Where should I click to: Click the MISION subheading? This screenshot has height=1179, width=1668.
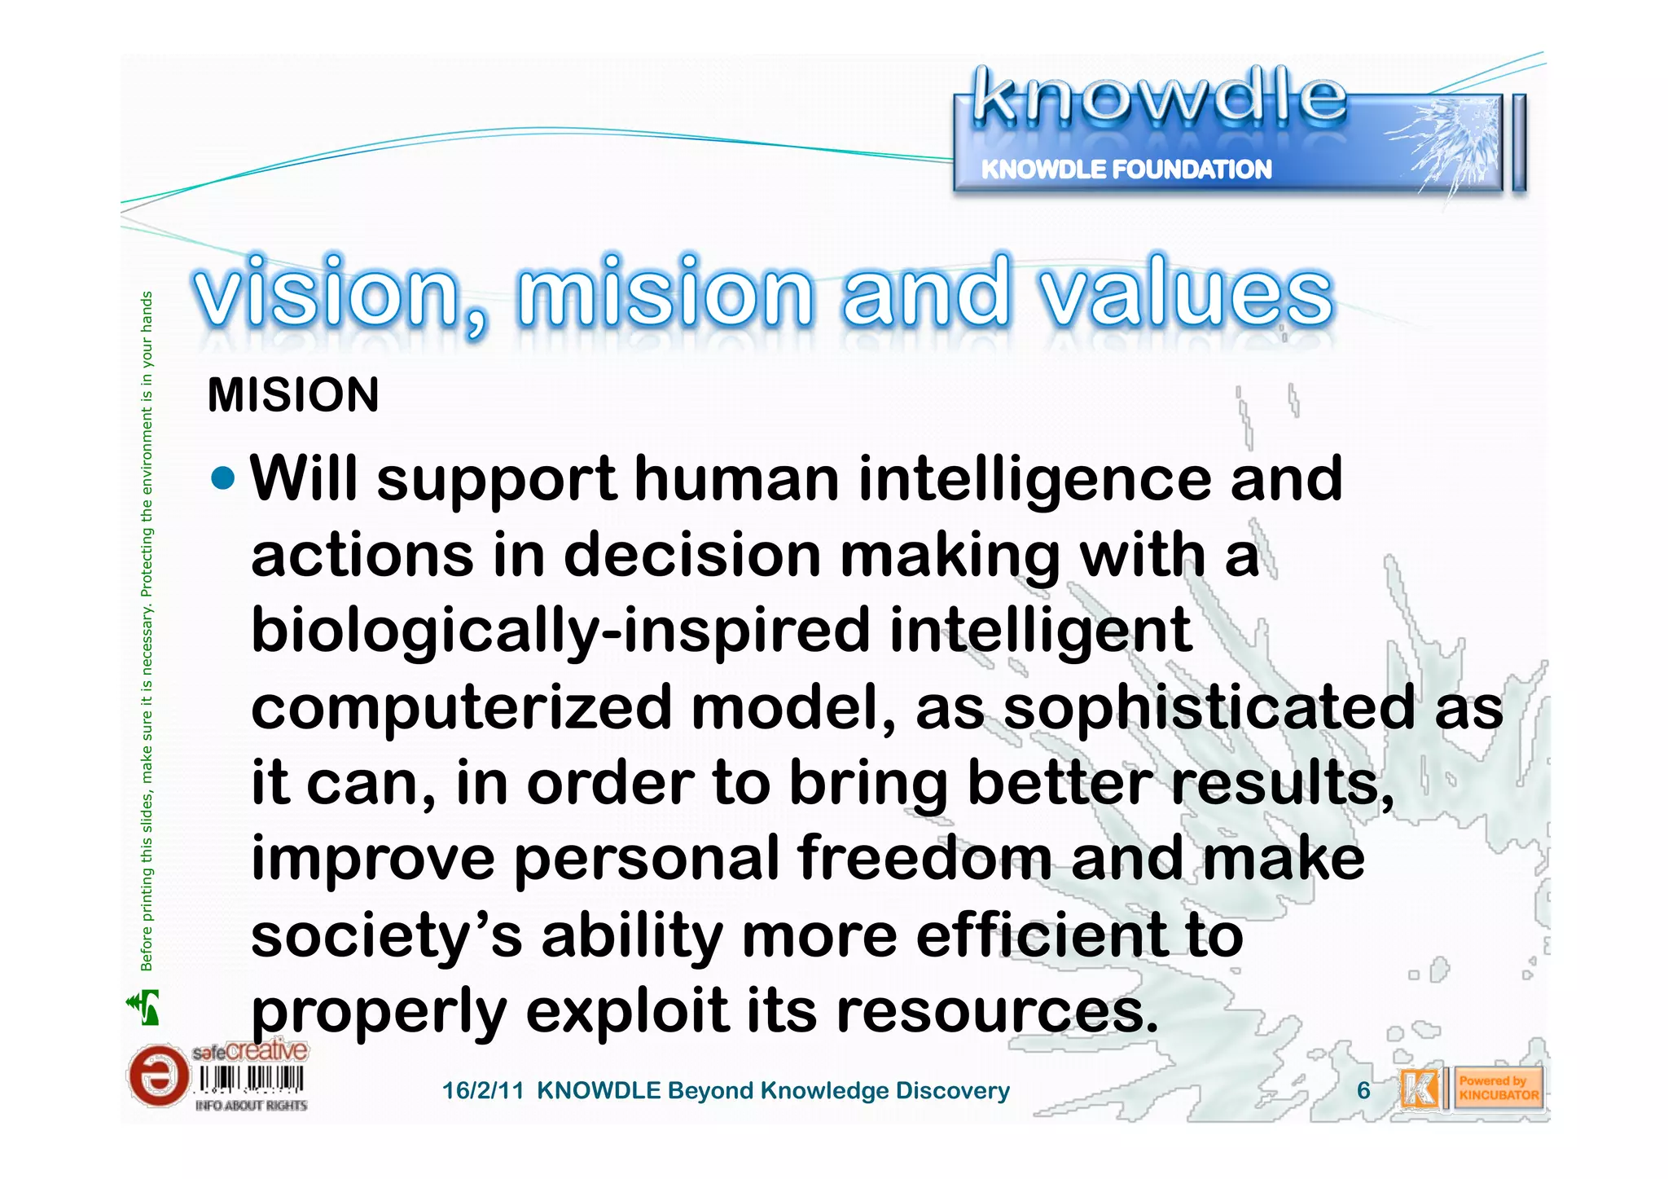point(293,395)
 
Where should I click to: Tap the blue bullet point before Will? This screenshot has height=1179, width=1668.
point(222,478)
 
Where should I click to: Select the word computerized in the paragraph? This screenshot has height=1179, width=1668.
point(461,708)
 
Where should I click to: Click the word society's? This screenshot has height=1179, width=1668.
point(386,935)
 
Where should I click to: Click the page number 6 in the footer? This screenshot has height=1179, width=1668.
point(1363,1090)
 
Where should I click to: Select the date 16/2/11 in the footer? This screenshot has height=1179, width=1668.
point(482,1091)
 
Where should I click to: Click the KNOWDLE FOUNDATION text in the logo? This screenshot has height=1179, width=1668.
point(1126,169)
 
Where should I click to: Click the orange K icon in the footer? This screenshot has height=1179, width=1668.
point(1420,1089)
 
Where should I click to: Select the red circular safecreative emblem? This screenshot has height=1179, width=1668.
point(158,1076)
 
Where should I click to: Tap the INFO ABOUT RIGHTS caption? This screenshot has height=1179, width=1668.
point(251,1106)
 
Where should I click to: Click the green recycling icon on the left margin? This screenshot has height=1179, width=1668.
point(144,1007)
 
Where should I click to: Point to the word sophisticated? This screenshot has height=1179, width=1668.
point(1209,708)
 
